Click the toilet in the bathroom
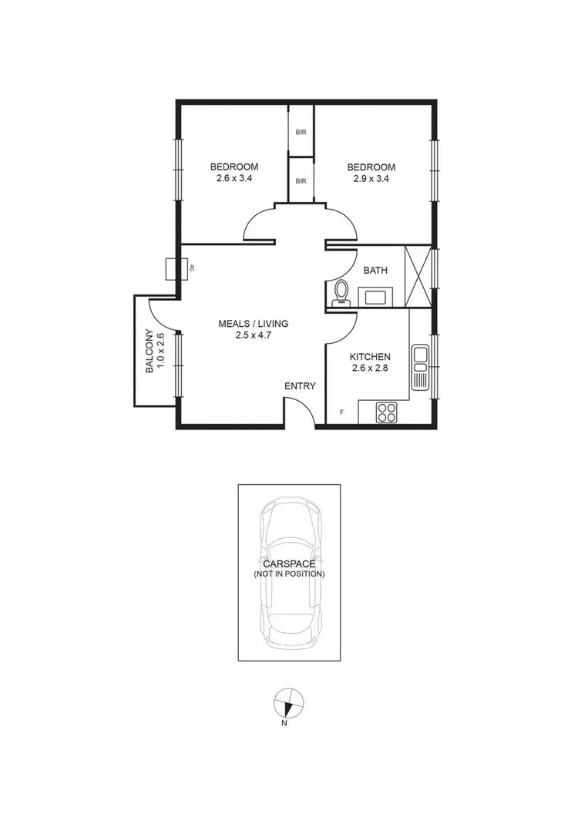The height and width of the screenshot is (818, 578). (341, 292)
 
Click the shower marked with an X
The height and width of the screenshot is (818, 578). (418, 275)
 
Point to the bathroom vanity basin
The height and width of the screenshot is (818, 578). (378, 296)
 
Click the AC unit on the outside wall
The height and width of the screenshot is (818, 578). (172, 268)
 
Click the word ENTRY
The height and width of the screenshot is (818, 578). (300, 385)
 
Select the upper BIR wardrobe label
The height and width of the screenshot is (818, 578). (301, 132)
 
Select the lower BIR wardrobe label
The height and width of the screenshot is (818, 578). (301, 181)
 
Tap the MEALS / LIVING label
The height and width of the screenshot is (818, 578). (253, 323)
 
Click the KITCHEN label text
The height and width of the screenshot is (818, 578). (370, 357)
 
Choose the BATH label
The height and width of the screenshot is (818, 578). (375, 270)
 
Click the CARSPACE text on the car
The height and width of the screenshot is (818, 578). (289, 564)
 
